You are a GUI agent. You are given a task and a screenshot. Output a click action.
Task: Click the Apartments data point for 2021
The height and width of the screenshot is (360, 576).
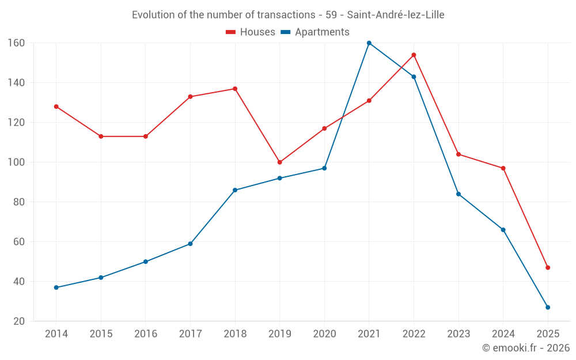[x=369, y=43]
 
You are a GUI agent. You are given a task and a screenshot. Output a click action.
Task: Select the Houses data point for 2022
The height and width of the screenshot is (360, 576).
[x=414, y=55]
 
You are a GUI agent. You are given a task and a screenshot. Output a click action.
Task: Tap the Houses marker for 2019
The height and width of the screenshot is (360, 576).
[x=279, y=162]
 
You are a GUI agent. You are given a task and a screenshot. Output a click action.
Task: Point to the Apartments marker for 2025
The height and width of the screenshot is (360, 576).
[x=548, y=307]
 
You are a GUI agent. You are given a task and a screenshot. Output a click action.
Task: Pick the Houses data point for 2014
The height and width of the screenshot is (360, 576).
[x=56, y=107]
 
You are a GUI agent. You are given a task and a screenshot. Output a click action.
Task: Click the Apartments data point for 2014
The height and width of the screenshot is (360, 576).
[x=56, y=287]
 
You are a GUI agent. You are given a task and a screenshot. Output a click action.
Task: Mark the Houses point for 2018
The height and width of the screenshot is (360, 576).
[x=235, y=89]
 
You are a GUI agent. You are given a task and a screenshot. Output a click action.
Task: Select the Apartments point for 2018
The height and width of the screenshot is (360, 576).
[x=235, y=190]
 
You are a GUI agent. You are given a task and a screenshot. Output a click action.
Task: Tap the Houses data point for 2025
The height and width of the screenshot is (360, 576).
[x=548, y=267]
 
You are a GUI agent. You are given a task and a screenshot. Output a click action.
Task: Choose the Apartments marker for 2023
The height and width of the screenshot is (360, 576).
[x=458, y=194]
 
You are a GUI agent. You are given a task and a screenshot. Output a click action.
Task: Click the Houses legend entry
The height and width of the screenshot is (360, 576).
[x=251, y=32]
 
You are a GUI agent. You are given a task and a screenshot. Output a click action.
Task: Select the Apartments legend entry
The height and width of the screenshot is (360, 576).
[x=315, y=32]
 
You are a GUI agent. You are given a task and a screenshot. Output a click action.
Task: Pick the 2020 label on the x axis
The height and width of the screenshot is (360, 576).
[x=324, y=334]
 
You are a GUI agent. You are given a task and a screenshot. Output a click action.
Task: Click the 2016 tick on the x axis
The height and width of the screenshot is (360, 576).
[x=145, y=334]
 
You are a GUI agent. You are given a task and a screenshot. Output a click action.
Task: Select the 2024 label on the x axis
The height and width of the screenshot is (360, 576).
[x=503, y=334]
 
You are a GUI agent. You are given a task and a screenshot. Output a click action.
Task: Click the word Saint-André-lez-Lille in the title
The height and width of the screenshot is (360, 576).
[x=396, y=14]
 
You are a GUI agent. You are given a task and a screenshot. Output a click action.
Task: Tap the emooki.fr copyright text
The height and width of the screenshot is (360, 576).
[x=525, y=348]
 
